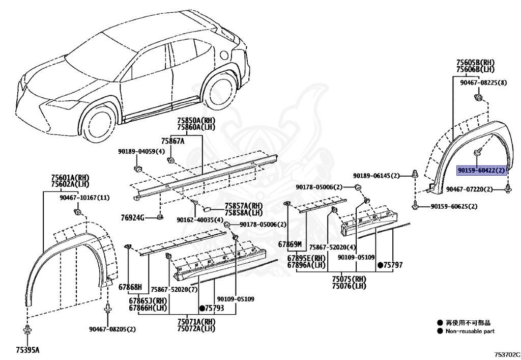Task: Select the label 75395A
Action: (27, 350)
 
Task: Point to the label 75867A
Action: (172, 141)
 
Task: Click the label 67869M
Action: (290, 244)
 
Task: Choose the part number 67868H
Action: (130, 287)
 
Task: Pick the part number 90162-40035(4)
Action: (200, 220)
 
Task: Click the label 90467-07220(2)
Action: (469, 189)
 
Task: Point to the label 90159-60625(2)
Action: (454, 206)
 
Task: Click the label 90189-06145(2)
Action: (377, 176)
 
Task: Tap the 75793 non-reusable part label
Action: (212, 308)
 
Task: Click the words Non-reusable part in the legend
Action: (470, 331)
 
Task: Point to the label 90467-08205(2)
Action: (111, 329)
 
